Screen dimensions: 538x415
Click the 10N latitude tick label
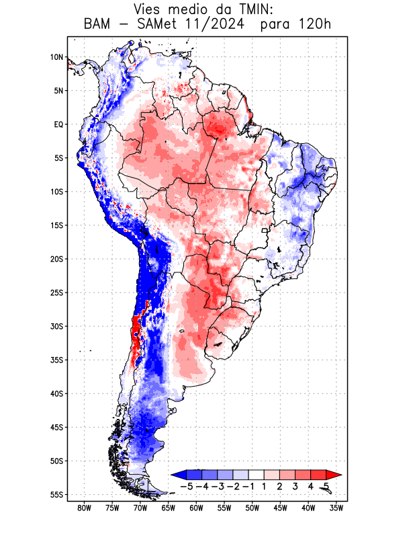[x=56, y=57]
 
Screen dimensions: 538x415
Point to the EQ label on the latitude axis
[x=58, y=124]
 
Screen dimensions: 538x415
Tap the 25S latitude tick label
[x=56, y=293]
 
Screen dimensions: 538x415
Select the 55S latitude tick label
[x=56, y=494]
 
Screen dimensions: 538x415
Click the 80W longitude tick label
[x=84, y=508]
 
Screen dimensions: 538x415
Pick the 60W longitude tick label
[x=196, y=508]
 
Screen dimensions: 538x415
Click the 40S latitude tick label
[x=56, y=393]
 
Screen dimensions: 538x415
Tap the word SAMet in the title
[x=156, y=26]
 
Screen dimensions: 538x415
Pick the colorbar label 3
[x=295, y=486]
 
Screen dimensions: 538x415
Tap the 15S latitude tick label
[x=56, y=225]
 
